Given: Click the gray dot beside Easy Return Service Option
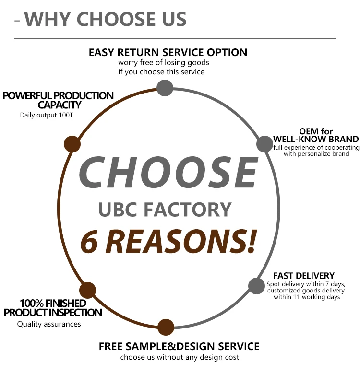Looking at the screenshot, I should coord(165,88).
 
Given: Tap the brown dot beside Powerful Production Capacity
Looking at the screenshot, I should coord(72,144).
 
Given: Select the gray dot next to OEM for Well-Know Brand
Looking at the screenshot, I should coord(264,143).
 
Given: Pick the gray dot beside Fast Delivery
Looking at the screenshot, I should coord(256,286).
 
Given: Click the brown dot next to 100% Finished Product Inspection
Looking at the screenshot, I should coord(87,290).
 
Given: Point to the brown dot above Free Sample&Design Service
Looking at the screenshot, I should coord(166,327).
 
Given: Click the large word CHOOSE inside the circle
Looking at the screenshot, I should coord(168,173).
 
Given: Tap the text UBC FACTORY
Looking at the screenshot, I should coord(165,210).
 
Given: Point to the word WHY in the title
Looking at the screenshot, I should coord(48,19).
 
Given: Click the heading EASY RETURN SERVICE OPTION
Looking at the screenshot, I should coord(168,52).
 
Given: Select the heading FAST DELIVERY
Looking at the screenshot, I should coord(303,276).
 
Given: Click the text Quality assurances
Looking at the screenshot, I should coord(49,324).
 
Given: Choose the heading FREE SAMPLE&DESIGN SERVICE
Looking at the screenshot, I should coord(179,346).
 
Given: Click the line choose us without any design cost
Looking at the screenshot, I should coord(180,357).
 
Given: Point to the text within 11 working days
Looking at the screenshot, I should coord(307,297).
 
